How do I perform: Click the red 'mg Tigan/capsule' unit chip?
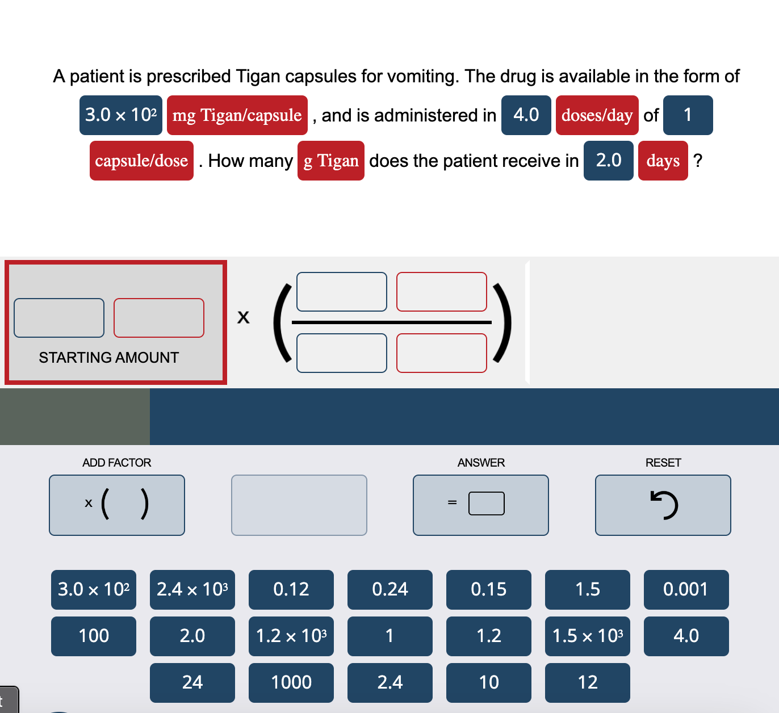[x=237, y=115]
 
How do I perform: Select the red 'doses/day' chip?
[x=597, y=115]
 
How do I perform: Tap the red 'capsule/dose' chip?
[x=141, y=161]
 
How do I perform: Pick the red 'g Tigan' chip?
[x=331, y=161]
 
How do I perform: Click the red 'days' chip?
[x=663, y=161]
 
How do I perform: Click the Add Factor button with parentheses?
[x=117, y=505]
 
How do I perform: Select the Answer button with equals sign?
[x=481, y=505]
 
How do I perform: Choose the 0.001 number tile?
[x=686, y=589]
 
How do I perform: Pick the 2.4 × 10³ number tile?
[x=192, y=589]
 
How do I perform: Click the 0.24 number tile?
[x=390, y=589]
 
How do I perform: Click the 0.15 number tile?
[x=488, y=589]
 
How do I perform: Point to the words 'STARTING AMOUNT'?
[x=109, y=358]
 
